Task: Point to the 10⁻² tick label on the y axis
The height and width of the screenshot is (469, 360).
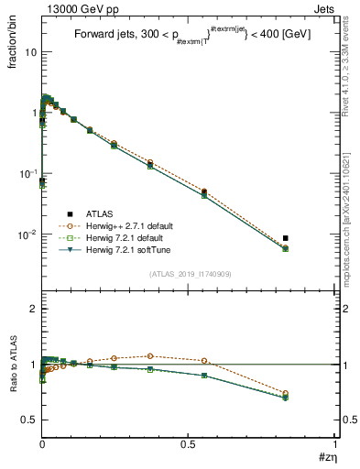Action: [x=27, y=235]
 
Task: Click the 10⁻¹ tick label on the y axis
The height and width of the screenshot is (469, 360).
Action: [x=27, y=174]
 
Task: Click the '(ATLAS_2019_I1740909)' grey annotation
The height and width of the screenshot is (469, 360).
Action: [x=189, y=273]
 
